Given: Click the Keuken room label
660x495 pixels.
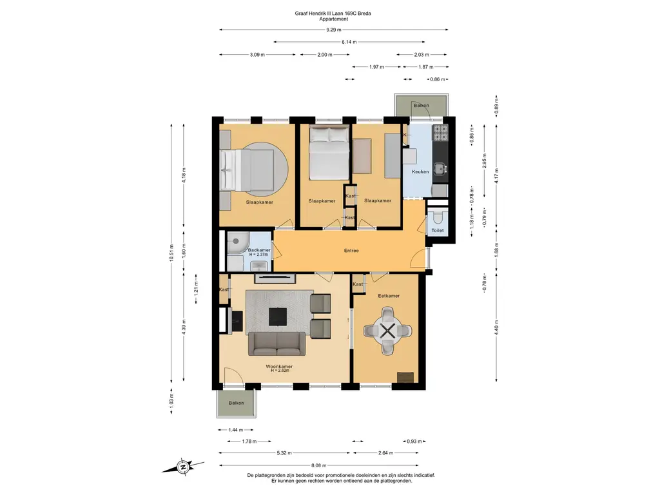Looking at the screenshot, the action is (x=420, y=171).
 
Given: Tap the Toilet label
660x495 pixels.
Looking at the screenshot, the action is (x=438, y=230).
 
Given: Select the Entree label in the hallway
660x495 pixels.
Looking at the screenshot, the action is (x=351, y=251).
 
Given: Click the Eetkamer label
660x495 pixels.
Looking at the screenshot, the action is (x=389, y=296).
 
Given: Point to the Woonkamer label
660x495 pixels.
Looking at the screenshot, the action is (x=279, y=367).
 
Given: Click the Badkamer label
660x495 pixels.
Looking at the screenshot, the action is (x=259, y=250).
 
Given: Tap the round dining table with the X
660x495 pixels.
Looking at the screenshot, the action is (x=387, y=331).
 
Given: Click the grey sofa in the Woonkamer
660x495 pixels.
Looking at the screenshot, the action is (x=277, y=344).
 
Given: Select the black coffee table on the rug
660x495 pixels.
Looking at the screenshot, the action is (x=278, y=316).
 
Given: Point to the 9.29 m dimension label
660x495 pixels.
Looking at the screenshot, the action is (x=334, y=30).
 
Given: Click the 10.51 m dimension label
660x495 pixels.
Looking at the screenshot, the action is (x=171, y=253).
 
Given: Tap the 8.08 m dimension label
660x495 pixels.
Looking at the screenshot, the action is (x=318, y=465).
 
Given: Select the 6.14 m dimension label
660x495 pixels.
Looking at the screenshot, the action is (x=349, y=42).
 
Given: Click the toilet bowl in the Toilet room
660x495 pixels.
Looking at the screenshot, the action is (x=438, y=217).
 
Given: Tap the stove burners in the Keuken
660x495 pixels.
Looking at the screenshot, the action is (x=441, y=133).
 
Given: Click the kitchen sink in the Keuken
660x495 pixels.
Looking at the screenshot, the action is (x=440, y=169).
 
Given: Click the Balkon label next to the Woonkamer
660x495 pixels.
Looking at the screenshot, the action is (x=236, y=403).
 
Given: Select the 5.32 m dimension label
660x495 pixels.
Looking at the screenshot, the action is (x=284, y=453).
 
